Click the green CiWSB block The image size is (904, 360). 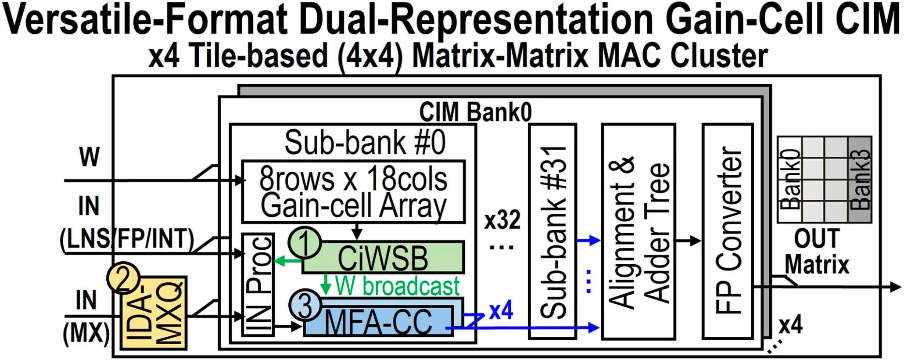click(x=383, y=258)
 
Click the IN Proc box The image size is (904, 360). click(x=258, y=284)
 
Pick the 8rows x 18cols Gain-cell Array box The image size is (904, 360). click(x=353, y=192)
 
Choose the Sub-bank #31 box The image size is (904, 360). click(x=552, y=231)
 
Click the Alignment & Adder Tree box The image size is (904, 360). click(x=638, y=231)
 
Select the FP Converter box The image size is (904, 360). click(x=728, y=231)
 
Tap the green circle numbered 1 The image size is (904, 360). click(x=305, y=242)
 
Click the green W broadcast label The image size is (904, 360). click(x=397, y=286)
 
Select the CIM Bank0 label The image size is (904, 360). click(x=475, y=112)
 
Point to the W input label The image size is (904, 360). click(x=89, y=157)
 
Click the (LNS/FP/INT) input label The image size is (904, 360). click(x=127, y=240)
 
